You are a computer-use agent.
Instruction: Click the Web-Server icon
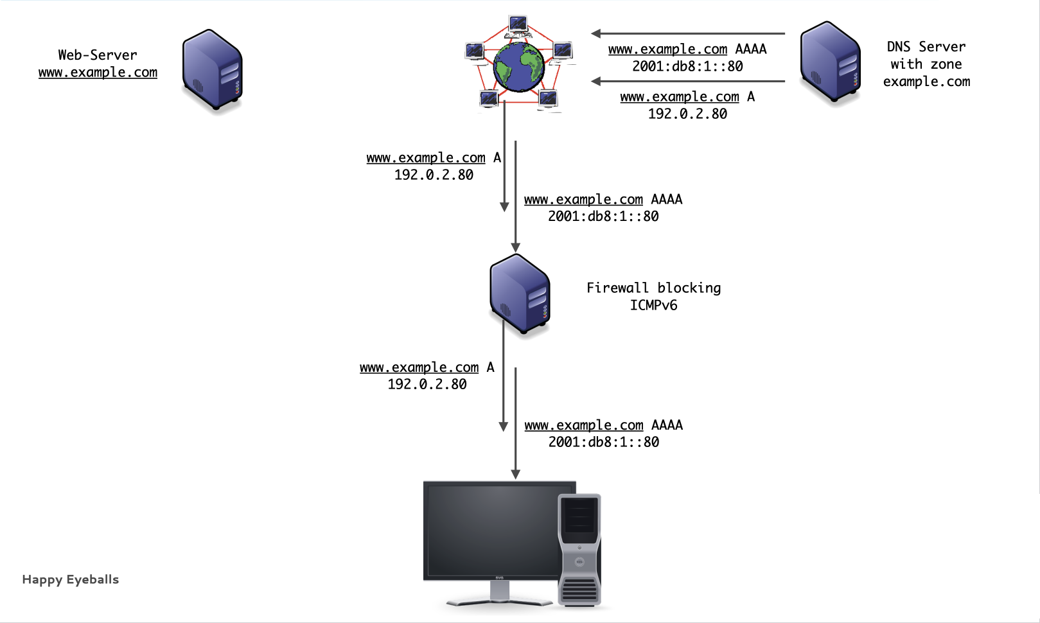pyautogui.click(x=213, y=69)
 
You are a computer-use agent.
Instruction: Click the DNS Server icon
pyautogui.click(x=830, y=62)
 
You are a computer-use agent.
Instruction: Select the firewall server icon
pyautogui.click(x=520, y=294)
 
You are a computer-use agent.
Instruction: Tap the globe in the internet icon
pyautogui.click(x=519, y=66)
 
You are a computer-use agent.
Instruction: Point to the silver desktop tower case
pyautogui.click(x=579, y=550)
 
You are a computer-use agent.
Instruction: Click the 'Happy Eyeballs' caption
pyautogui.click(x=71, y=579)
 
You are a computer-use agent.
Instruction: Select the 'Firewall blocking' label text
pyautogui.click(x=653, y=288)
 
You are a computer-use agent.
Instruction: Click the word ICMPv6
pyautogui.click(x=653, y=305)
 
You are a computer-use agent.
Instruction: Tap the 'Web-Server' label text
pyautogui.click(x=98, y=55)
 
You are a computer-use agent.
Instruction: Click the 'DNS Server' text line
pyautogui.click(x=926, y=47)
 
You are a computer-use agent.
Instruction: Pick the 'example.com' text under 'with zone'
pyautogui.click(x=926, y=82)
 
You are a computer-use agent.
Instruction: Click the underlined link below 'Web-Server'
pyautogui.click(x=98, y=73)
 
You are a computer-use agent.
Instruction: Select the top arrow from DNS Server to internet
pyautogui.click(x=687, y=33)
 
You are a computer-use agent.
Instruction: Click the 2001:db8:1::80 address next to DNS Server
pyautogui.click(x=687, y=66)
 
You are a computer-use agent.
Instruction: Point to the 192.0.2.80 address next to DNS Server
pyautogui.click(x=687, y=114)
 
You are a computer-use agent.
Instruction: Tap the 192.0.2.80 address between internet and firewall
pyautogui.click(x=434, y=175)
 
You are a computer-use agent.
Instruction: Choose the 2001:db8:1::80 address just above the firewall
pyautogui.click(x=603, y=216)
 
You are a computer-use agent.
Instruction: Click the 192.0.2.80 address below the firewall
pyautogui.click(x=427, y=384)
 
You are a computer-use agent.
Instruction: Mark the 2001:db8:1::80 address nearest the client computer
pyautogui.click(x=603, y=442)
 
